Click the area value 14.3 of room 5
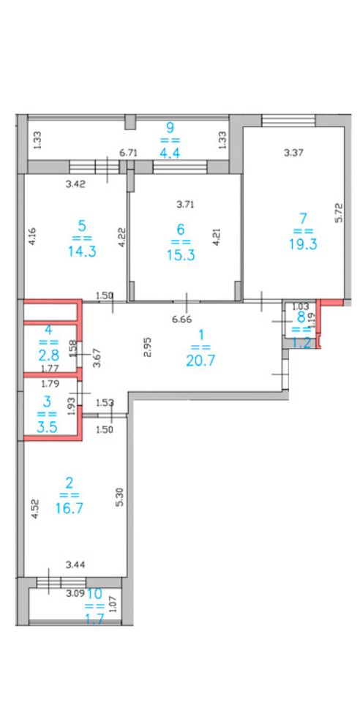82,252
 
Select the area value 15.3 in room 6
181,255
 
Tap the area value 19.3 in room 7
304,244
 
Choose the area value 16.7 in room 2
69,508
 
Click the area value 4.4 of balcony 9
170,153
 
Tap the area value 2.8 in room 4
49,356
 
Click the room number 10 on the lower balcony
95,594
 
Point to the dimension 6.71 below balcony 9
128,153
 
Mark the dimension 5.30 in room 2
119,497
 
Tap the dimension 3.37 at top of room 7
294,153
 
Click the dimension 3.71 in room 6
185,205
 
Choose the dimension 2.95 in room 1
149,347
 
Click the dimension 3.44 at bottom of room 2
75,565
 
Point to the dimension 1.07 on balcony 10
113,605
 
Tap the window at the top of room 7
288,121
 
